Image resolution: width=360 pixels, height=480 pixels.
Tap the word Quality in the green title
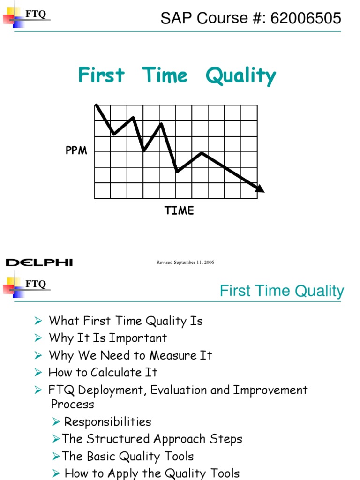(x=240, y=76)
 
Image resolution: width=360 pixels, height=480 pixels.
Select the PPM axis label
(x=76, y=151)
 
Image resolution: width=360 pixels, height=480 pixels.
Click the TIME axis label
(x=179, y=210)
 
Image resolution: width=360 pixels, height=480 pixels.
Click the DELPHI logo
(x=39, y=262)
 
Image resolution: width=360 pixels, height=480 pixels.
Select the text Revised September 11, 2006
(x=185, y=262)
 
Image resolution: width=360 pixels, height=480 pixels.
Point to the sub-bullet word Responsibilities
(x=107, y=421)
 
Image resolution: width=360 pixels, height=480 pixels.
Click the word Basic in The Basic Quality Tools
(x=101, y=456)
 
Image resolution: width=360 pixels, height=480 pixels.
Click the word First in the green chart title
(x=101, y=75)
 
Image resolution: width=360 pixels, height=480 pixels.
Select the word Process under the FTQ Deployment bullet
(x=72, y=404)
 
